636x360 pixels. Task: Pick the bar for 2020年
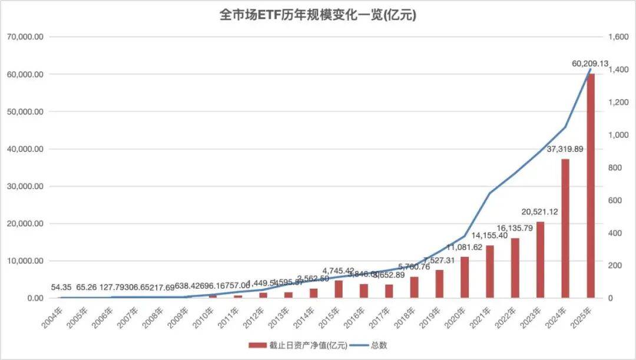tap(465, 277)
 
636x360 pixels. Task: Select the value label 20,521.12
tap(540, 212)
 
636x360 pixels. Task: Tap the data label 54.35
tap(62, 287)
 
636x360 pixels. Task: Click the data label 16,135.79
tap(513, 228)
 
